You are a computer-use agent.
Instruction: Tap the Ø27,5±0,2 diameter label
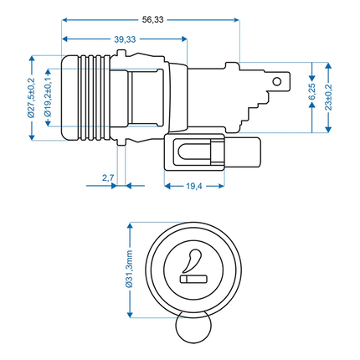[27, 97]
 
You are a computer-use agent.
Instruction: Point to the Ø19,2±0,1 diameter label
[49, 96]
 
